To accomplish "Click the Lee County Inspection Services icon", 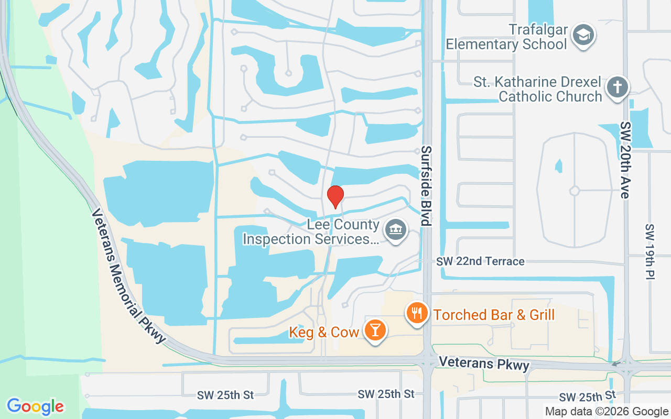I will point(396,230).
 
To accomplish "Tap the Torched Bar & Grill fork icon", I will point(417,314).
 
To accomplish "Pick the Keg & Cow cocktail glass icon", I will point(375,330).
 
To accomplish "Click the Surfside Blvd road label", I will point(426,186).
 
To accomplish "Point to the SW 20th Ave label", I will point(625,160).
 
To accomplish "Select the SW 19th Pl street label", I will point(650,251).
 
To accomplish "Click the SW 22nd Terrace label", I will point(480,261).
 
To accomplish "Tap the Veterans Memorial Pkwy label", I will point(128,276).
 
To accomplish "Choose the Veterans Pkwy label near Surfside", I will point(484,363).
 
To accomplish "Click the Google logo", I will point(35,406).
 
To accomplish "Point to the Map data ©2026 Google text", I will point(607,412).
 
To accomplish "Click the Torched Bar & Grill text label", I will point(494,315).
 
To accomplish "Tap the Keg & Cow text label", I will point(324,332).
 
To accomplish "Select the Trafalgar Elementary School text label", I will point(506,37).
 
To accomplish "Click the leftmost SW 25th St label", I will point(225,394).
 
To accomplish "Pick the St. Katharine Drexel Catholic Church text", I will point(538,89).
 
